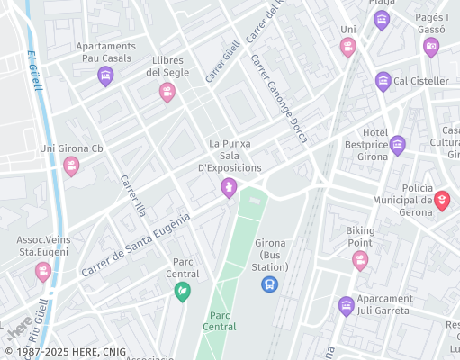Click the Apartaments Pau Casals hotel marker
(x=105, y=76)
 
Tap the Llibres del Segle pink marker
(x=167, y=92)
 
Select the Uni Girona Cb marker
(x=71, y=166)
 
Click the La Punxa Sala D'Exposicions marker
(x=229, y=187)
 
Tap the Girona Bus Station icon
(x=268, y=284)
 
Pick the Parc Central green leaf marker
(x=182, y=291)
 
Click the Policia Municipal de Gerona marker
(x=441, y=200)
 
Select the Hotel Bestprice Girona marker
(x=397, y=145)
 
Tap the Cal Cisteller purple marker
(x=383, y=81)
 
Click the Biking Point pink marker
(x=360, y=260)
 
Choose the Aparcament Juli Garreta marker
(x=347, y=306)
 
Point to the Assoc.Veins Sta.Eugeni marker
(x=42, y=270)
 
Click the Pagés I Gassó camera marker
(x=431, y=47)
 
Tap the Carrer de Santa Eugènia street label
(x=136, y=245)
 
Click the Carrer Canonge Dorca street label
(x=279, y=98)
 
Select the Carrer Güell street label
(x=222, y=61)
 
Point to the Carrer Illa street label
(x=133, y=195)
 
